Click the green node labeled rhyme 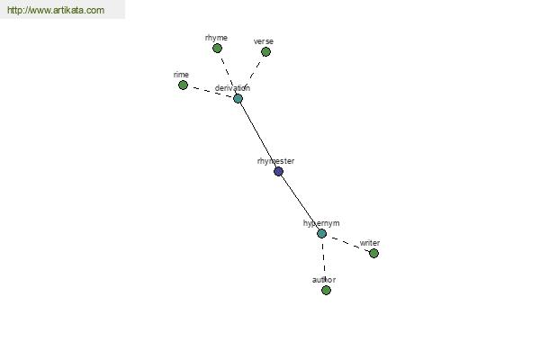pos(217,49)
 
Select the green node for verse pos(265,52)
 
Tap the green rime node pos(183,85)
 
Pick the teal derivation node pos(238,99)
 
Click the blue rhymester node pos(279,171)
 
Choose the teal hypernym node pos(321,234)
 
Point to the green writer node pos(373,254)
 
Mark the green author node pos(326,290)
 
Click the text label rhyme pos(216,38)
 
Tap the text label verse pos(264,41)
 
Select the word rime pos(181,75)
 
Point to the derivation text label pos(232,88)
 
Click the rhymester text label pos(276,161)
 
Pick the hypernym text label pos(321,223)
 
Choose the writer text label pos(370,243)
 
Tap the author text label pos(324,280)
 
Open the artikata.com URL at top pos(56,10)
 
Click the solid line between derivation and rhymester pos(258,135)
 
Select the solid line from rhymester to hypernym pos(301,202)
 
